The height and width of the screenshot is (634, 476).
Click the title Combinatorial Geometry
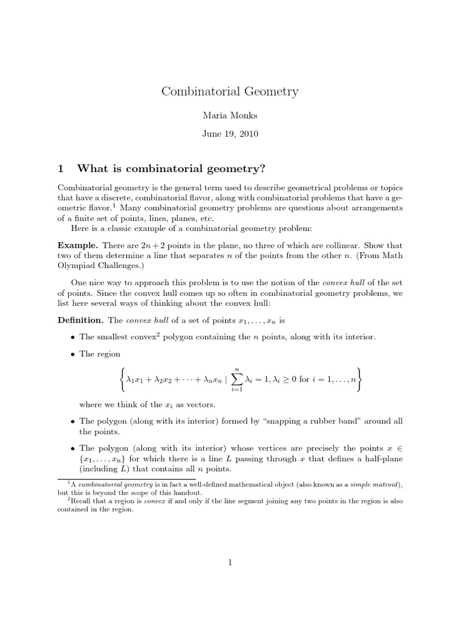pyautogui.click(x=230, y=92)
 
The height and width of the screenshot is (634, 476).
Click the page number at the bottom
pyautogui.click(x=230, y=562)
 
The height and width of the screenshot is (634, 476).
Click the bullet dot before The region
pyautogui.click(x=73, y=354)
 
